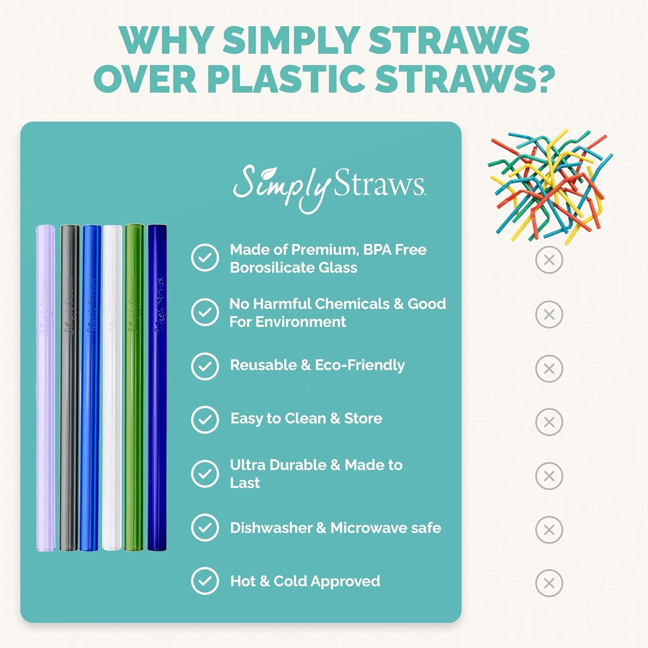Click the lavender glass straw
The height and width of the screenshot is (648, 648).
pyautogui.click(x=45, y=388)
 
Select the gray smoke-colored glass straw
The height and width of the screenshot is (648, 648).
pyautogui.click(x=70, y=388)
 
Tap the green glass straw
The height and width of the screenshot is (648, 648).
pyautogui.click(x=134, y=388)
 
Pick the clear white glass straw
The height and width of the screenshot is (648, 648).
pyautogui.click(x=112, y=388)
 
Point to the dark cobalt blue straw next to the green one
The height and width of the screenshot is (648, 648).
pyautogui.click(x=157, y=388)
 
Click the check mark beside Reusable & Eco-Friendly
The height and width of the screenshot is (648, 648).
pyautogui.click(x=205, y=366)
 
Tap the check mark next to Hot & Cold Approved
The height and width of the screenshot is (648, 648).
pyautogui.click(x=205, y=581)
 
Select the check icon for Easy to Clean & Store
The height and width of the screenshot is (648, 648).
pyautogui.click(x=205, y=420)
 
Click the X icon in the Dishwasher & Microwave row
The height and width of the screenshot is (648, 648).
pyautogui.click(x=549, y=530)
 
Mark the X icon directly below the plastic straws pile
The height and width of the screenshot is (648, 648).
pyautogui.click(x=549, y=260)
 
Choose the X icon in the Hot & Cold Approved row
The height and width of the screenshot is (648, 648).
pyautogui.click(x=549, y=583)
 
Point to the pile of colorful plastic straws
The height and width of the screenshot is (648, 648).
pyautogui.click(x=550, y=186)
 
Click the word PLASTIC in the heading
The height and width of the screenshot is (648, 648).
pyautogui.click(x=286, y=79)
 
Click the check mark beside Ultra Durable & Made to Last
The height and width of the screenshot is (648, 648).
pyautogui.click(x=205, y=474)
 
